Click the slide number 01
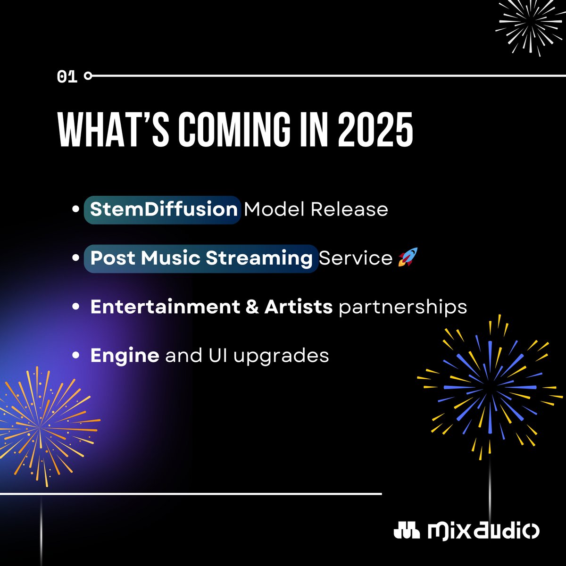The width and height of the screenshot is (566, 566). pyautogui.click(x=67, y=76)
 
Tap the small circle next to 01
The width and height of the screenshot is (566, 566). pyautogui.click(x=88, y=75)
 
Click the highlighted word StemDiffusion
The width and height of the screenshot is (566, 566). pyautogui.click(x=163, y=209)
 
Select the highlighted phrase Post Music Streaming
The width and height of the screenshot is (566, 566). pyautogui.click(x=201, y=258)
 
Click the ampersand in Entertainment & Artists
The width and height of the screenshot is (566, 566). pyautogui.click(x=252, y=307)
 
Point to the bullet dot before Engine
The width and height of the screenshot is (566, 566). pyautogui.click(x=76, y=356)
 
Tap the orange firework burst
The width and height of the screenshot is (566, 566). pyautogui.click(x=40, y=420)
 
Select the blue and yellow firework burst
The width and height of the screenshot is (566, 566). pyautogui.click(x=488, y=387)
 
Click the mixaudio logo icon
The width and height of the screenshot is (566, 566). pyautogui.click(x=407, y=531)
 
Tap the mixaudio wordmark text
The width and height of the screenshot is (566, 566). pyautogui.click(x=483, y=531)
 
